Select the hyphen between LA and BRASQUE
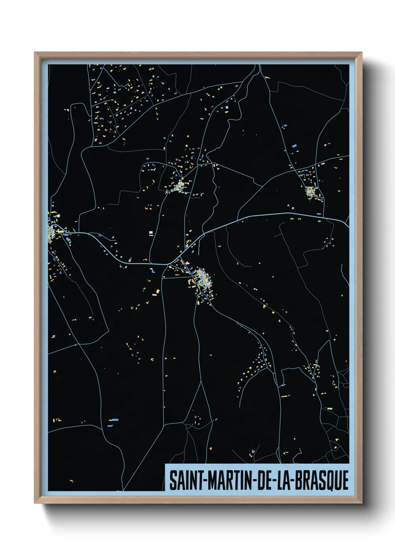pos(293,480)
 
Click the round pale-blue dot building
pos(227,107)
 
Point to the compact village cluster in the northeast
pos(311,192)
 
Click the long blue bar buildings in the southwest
pos(113,421)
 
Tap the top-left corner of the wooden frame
pos(35,52)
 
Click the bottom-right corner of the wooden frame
pos(362,504)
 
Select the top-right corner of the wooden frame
pos(362,53)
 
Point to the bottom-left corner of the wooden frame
pos(35,504)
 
